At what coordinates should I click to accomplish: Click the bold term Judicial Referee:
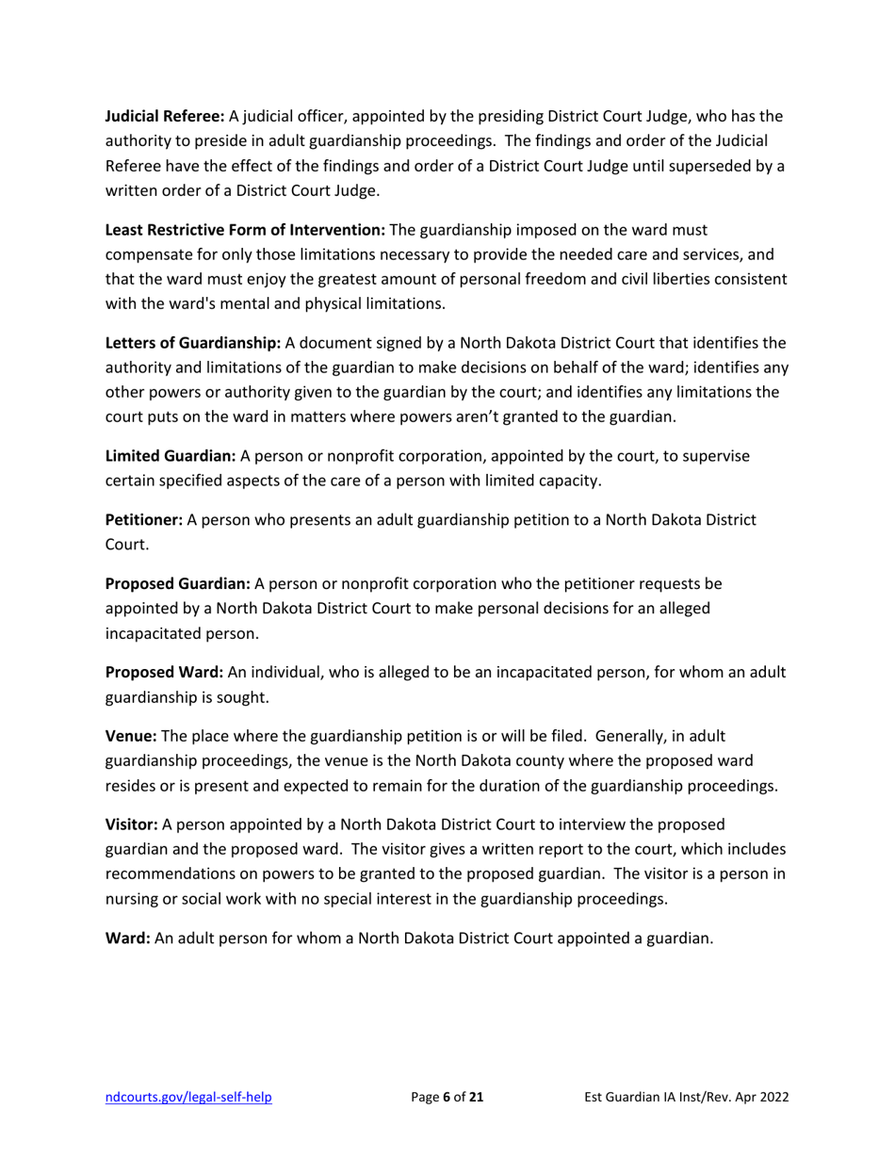click(x=164, y=117)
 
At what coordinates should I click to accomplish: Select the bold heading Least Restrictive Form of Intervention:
click(x=245, y=230)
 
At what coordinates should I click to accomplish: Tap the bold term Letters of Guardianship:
click(x=193, y=343)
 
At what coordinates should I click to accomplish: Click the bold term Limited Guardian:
click(x=171, y=456)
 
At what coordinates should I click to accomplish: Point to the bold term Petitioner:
click(x=144, y=520)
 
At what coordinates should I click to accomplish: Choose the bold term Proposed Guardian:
click(x=177, y=584)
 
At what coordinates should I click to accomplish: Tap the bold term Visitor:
click(x=132, y=824)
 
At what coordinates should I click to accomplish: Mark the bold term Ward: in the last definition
click(x=127, y=939)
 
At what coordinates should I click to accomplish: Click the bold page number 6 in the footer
click(x=446, y=1097)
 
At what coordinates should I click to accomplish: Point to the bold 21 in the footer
click(x=476, y=1097)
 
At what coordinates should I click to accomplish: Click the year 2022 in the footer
click(x=772, y=1097)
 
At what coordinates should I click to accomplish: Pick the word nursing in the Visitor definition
click(x=133, y=899)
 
